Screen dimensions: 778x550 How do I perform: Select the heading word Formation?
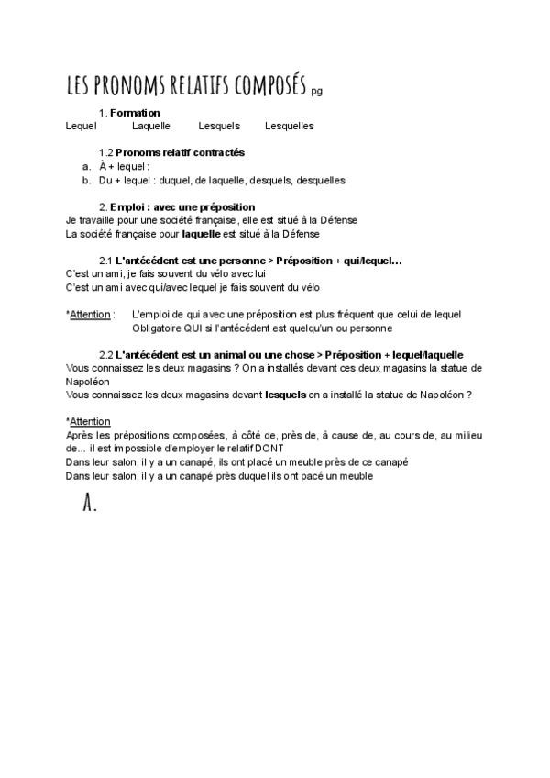pos(135,113)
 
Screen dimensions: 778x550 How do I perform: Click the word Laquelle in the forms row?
pos(151,126)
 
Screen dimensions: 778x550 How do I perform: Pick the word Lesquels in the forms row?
pos(219,126)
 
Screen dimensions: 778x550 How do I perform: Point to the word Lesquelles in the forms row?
pos(289,126)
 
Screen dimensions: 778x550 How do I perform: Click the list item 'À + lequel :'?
pos(124,166)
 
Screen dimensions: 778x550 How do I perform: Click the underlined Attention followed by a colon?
pos(90,315)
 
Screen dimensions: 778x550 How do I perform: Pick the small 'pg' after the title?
pos(317,91)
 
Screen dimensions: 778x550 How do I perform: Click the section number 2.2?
pos(105,354)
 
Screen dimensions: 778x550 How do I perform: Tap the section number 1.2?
pos(105,152)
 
